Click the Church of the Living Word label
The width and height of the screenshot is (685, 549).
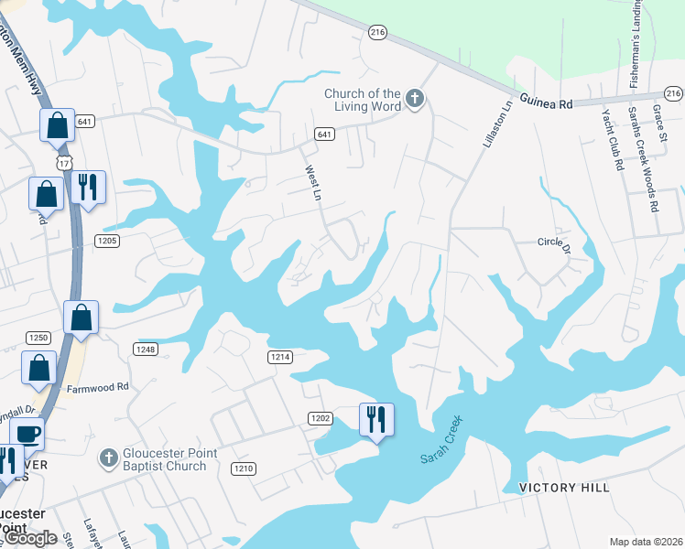[x=363, y=100]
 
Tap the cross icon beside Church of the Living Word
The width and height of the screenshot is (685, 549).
[x=415, y=99]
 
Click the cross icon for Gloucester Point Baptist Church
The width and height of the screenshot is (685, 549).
[x=108, y=456]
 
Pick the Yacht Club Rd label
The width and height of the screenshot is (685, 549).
[x=612, y=140]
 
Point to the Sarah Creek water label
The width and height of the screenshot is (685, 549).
[x=442, y=440]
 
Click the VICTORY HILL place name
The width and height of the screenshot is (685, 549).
[x=564, y=488]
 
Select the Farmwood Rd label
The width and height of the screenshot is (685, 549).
[x=98, y=388]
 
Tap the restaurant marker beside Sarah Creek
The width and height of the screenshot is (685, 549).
[x=376, y=420]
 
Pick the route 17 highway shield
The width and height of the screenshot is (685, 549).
[x=63, y=161]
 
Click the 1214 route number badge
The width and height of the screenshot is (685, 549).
[x=279, y=356]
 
